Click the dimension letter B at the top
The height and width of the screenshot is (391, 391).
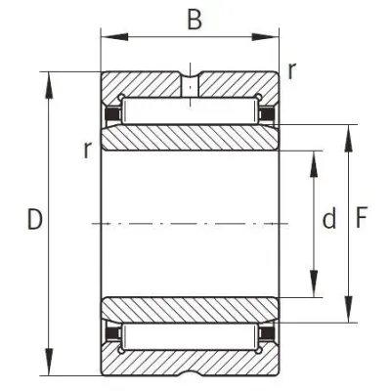[195, 20]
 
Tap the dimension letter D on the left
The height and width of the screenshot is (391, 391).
[35, 219]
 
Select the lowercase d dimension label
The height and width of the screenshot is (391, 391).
[329, 218]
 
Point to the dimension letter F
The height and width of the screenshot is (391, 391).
[362, 217]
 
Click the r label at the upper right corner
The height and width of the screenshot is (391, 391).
[292, 70]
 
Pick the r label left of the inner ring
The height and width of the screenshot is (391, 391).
[87, 151]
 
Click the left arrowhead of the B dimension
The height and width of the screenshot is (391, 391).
[114, 37]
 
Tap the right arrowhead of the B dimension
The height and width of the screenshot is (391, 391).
[266, 37]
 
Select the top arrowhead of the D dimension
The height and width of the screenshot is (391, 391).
[49, 85]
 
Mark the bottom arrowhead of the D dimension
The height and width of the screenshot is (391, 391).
[49, 362]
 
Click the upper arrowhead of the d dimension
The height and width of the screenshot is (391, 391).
[314, 164]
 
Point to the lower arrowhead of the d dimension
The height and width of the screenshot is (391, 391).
[314, 283]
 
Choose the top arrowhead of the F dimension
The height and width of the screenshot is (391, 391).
[349, 138]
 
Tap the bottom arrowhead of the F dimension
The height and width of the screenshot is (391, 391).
[349, 309]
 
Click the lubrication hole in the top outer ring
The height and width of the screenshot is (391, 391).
[190, 85]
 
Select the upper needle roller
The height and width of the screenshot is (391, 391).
[190, 111]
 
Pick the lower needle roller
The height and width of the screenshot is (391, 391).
[190, 337]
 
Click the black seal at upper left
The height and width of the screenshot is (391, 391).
[111, 114]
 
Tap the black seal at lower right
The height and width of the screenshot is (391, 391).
[267, 334]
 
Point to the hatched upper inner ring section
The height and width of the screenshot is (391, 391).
[190, 138]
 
